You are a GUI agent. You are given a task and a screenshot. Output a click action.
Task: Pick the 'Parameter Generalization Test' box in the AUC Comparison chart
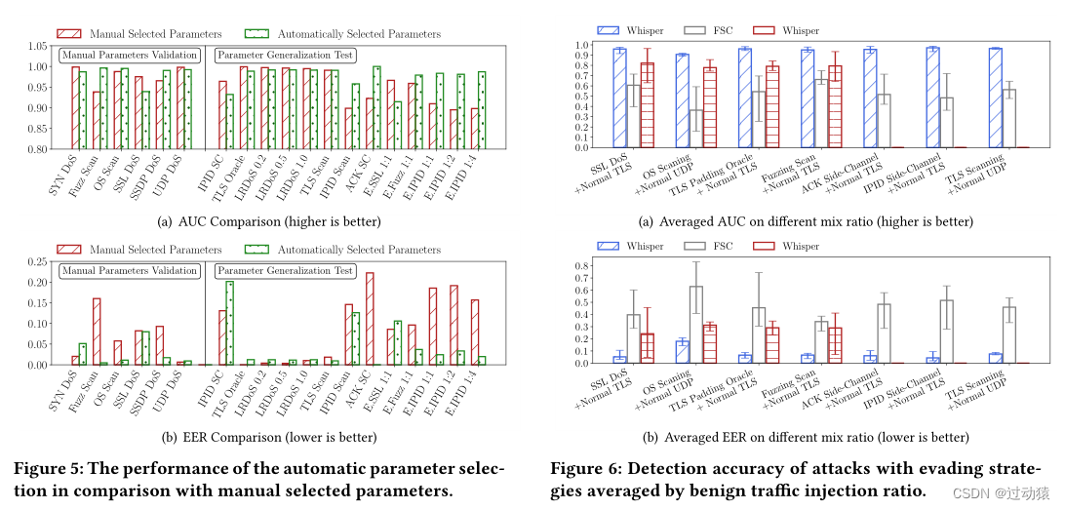coord(285,56)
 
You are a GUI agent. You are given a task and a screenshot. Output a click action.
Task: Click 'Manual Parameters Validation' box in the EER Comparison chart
coord(130,270)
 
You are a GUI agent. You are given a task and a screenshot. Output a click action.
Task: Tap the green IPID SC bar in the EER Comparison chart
coord(229,323)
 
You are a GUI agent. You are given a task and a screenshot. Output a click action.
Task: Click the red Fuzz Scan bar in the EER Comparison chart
coord(97,332)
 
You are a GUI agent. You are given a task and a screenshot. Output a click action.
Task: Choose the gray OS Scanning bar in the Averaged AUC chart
coord(695,129)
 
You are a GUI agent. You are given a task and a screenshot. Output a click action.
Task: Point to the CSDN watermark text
coord(1005,494)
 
